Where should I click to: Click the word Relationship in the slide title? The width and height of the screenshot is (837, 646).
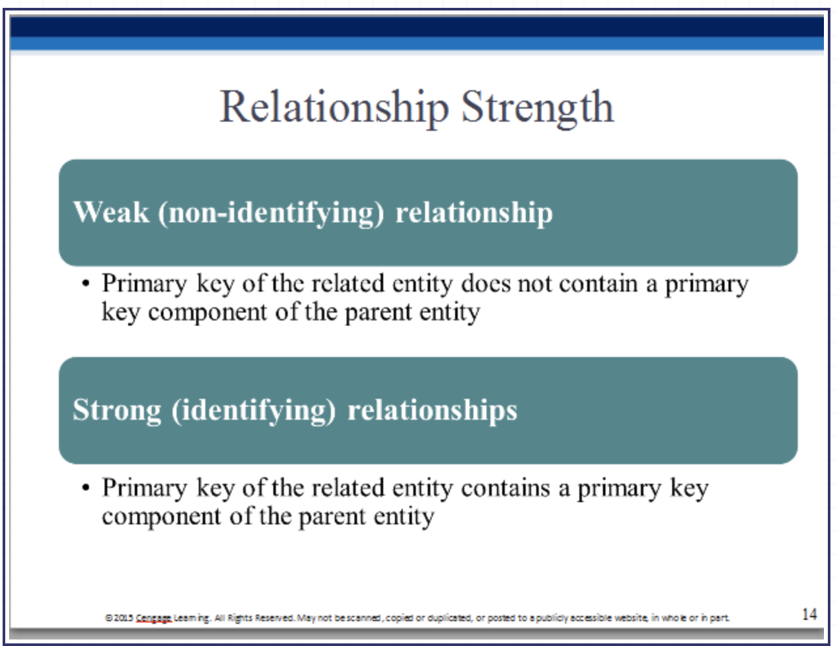pyautogui.click(x=334, y=108)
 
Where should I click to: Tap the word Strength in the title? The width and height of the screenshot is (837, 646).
pyautogui.click(x=538, y=108)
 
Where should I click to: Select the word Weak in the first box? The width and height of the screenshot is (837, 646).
pyautogui.click(x=111, y=212)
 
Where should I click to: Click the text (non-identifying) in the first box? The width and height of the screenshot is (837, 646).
pyautogui.click(x=271, y=213)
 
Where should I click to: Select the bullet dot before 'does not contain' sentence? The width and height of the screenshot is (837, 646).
pyautogui.click(x=86, y=284)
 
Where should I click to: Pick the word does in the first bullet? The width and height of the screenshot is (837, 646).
pyautogui.click(x=485, y=284)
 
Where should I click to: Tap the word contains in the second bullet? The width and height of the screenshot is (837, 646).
pyautogui.click(x=505, y=488)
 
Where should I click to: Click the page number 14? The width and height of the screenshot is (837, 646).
pyautogui.click(x=810, y=615)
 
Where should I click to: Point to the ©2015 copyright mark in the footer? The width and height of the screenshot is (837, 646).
pyautogui.click(x=119, y=618)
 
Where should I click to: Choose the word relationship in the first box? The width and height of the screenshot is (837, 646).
pyautogui.click(x=474, y=213)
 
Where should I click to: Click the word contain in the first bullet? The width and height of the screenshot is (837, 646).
pyautogui.click(x=598, y=284)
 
